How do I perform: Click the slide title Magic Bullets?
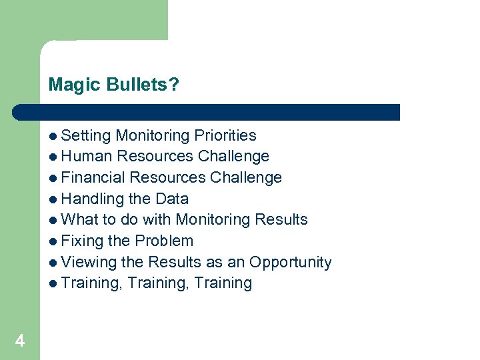[113, 85]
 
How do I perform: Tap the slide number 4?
[20, 341]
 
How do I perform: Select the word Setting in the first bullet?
[85, 136]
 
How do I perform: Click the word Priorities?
[225, 136]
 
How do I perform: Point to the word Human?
[86, 157]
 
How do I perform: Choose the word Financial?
[93, 178]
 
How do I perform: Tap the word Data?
[171, 199]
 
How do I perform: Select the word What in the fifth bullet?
[79, 219]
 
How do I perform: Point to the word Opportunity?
[290, 263]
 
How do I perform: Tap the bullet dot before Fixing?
[53, 241]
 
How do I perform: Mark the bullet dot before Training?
[53, 283]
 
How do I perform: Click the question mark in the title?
[175, 85]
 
